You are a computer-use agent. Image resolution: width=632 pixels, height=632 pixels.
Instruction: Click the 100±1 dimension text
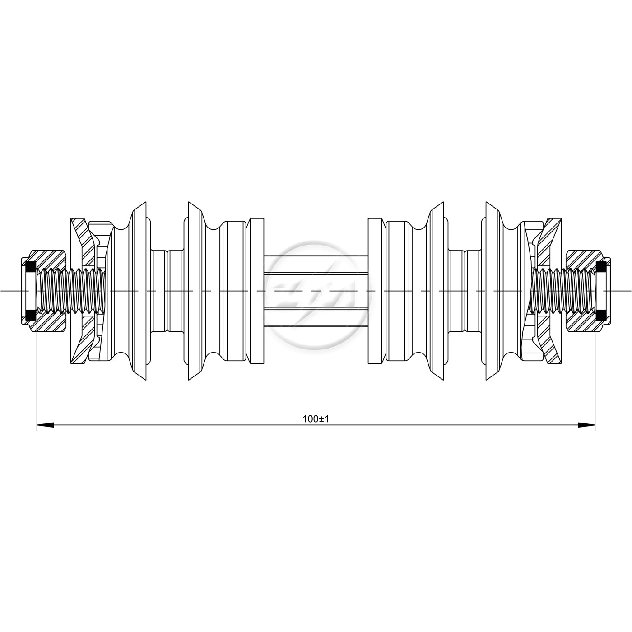(316, 419)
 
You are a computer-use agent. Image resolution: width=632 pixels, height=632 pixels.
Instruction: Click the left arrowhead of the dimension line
(45, 425)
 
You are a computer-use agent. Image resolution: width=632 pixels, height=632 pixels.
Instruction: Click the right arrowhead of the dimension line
(586, 425)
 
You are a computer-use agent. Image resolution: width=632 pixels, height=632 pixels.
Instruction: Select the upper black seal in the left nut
(31, 267)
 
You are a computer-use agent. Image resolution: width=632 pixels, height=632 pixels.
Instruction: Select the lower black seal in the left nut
(31, 315)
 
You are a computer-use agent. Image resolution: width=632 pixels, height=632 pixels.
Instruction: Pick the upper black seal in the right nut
(601, 267)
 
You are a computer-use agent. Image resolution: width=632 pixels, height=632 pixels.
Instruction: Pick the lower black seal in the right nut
(601, 315)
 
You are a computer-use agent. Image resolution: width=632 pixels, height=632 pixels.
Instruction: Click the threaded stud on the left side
(70, 291)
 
